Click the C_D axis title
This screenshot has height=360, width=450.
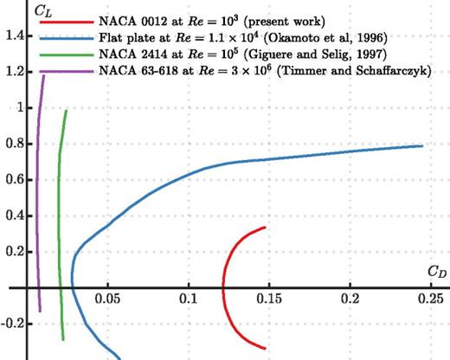coord(437,271)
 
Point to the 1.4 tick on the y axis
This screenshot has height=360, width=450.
coord(12,36)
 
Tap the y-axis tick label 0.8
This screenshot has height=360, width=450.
coord(12,144)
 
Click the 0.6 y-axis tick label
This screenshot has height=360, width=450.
coord(12,180)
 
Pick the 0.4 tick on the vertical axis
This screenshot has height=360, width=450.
coord(12,215)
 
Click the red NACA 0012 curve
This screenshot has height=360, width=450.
coord(223,286)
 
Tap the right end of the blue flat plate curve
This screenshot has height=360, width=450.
coord(422,145)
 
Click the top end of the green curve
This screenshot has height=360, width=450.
coord(66,111)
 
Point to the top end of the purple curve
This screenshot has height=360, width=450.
coord(43,76)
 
